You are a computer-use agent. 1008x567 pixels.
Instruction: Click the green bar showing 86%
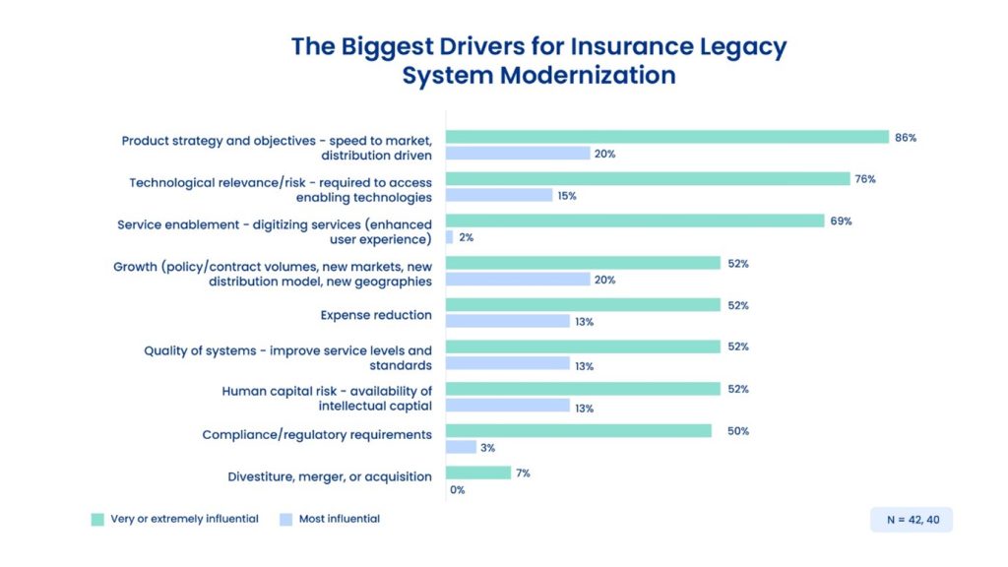pyautogui.click(x=666, y=138)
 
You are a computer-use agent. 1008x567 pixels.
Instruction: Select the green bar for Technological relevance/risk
pyautogui.click(x=647, y=179)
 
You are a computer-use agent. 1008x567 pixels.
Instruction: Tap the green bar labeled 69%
pyautogui.click(x=634, y=220)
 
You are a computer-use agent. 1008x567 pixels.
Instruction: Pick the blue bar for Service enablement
pyautogui.click(x=449, y=237)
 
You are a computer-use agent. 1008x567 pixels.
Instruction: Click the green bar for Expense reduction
pyautogui.click(x=583, y=305)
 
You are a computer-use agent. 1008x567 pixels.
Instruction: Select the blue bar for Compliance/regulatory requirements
pyautogui.click(x=461, y=448)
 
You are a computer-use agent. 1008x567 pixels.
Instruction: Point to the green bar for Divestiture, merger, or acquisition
pyautogui.click(x=478, y=472)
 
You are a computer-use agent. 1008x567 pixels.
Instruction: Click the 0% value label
pyautogui.click(x=457, y=489)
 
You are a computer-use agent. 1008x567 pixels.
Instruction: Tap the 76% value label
pyautogui.click(x=866, y=179)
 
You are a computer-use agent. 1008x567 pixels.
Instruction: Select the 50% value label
pyautogui.click(x=737, y=431)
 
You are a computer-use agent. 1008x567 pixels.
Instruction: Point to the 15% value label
pyautogui.click(x=567, y=196)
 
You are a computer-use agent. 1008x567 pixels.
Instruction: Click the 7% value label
pyautogui.click(x=523, y=473)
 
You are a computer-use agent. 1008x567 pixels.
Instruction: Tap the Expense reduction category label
pyautogui.click(x=376, y=315)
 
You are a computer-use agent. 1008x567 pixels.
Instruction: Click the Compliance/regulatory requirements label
pyautogui.click(x=317, y=434)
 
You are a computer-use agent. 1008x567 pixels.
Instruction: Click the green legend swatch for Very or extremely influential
pyautogui.click(x=97, y=519)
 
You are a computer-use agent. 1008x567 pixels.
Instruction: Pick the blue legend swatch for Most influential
pyautogui.click(x=285, y=519)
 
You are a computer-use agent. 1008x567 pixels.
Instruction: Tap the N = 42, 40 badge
pyautogui.click(x=911, y=519)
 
